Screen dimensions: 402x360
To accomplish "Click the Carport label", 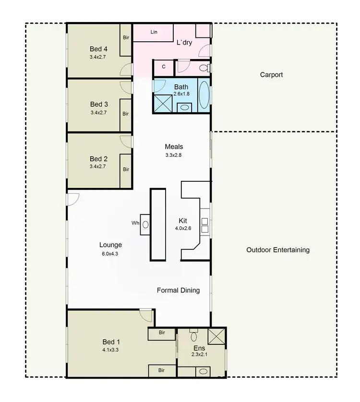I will (271, 75).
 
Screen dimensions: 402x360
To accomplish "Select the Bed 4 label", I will (98, 49).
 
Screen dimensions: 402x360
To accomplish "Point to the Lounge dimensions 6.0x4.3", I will (110, 253).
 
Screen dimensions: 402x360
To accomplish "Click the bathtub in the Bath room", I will (204, 94).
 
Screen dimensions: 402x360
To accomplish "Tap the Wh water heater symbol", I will (145, 224).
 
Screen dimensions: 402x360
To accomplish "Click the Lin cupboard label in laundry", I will (154, 32).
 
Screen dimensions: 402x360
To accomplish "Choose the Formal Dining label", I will (178, 290).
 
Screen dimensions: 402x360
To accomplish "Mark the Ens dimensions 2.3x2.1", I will (199, 355).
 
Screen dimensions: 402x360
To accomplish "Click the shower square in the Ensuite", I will (217, 337).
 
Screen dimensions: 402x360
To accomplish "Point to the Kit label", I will (183, 221).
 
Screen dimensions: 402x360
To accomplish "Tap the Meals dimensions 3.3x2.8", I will (174, 155).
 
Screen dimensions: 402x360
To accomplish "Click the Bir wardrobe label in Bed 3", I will (126, 114).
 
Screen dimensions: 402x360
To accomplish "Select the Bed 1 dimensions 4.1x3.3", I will (110, 350).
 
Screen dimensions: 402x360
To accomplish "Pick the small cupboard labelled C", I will (164, 67).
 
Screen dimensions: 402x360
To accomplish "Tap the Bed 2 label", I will (98, 159).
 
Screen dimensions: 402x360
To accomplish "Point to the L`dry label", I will (184, 43).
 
